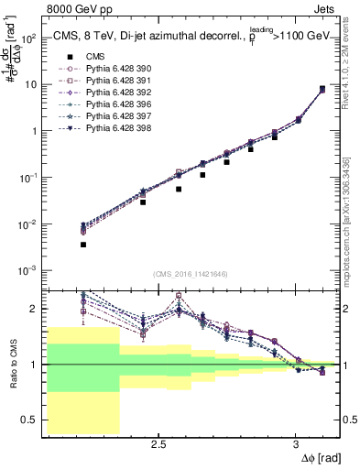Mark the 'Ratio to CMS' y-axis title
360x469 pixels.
click(x=11, y=364)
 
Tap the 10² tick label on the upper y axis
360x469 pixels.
click(x=28, y=38)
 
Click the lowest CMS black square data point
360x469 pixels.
click(x=83, y=245)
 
